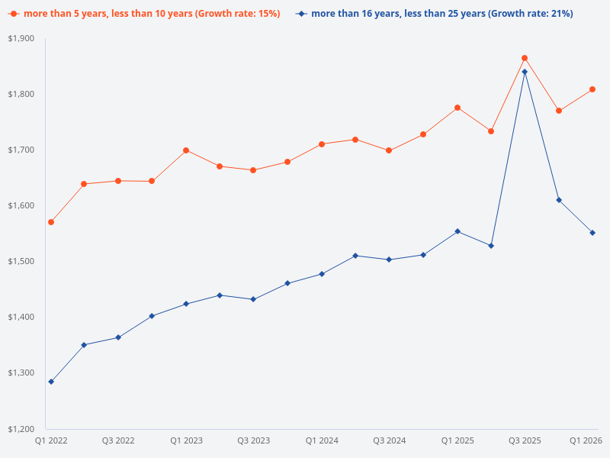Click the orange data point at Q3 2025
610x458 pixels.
tap(525, 58)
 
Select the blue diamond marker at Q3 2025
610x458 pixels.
tap(525, 72)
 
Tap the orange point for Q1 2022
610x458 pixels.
tap(51, 222)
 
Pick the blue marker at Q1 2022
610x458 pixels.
tap(51, 382)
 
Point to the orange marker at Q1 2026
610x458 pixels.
tap(592, 89)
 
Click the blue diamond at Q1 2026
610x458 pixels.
tap(592, 233)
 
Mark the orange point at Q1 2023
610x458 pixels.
tap(186, 150)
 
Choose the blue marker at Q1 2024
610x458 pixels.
tap(322, 274)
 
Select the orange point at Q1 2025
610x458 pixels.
tap(457, 108)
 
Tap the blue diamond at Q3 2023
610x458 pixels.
tap(254, 299)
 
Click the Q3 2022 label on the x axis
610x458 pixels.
tap(118, 440)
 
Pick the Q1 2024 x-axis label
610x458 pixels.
tap(322, 440)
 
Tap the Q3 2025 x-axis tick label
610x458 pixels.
tap(525, 440)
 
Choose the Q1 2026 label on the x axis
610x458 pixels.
tap(586, 440)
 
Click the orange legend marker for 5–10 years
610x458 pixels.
tap(14, 14)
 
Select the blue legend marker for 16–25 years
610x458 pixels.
tap(302, 14)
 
